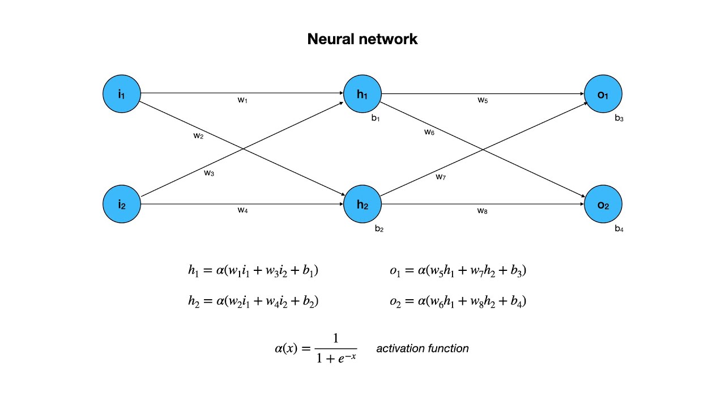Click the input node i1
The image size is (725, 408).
pyautogui.click(x=121, y=93)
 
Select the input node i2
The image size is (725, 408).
pyautogui.click(x=121, y=204)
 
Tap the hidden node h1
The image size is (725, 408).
pyautogui.click(x=362, y=93)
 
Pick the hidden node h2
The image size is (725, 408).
pyautogui.click(x=362, y=204)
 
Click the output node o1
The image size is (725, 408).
pyautogui.click(x=603, y=93)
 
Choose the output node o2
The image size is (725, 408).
pyautogui.click(x=603, y=204)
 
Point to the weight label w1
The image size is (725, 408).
pyautogui.click(x=242, y=100)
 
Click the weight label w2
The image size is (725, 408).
pyautogui.click(x=198, y=135)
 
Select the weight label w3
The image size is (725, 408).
pyautogui.click(x=209, y=173)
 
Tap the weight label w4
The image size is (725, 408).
pyautogui.click(x=242, y=210)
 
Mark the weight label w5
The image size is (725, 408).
pyautogui.click(x=483, y=100)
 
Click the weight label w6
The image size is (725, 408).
pyautogui.click(x=429, y=132)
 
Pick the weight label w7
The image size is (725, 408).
pyautogui.click(x=441, y=177)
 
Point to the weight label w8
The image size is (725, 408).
pyautogui.click(x=483, y=211)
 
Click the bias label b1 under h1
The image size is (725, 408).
pyautogui.click(x=376, y=118)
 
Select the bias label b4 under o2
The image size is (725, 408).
pyautogui.click(x=619, y=229)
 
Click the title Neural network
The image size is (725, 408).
pyautogui.click(x=362, y=39)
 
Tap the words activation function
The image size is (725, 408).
pyautogui.click(x=423, y=348)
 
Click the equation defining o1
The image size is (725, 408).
pyautogui.click(x=458, y=271)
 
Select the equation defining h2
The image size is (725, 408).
pyautogui.click(x=253, y=301)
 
